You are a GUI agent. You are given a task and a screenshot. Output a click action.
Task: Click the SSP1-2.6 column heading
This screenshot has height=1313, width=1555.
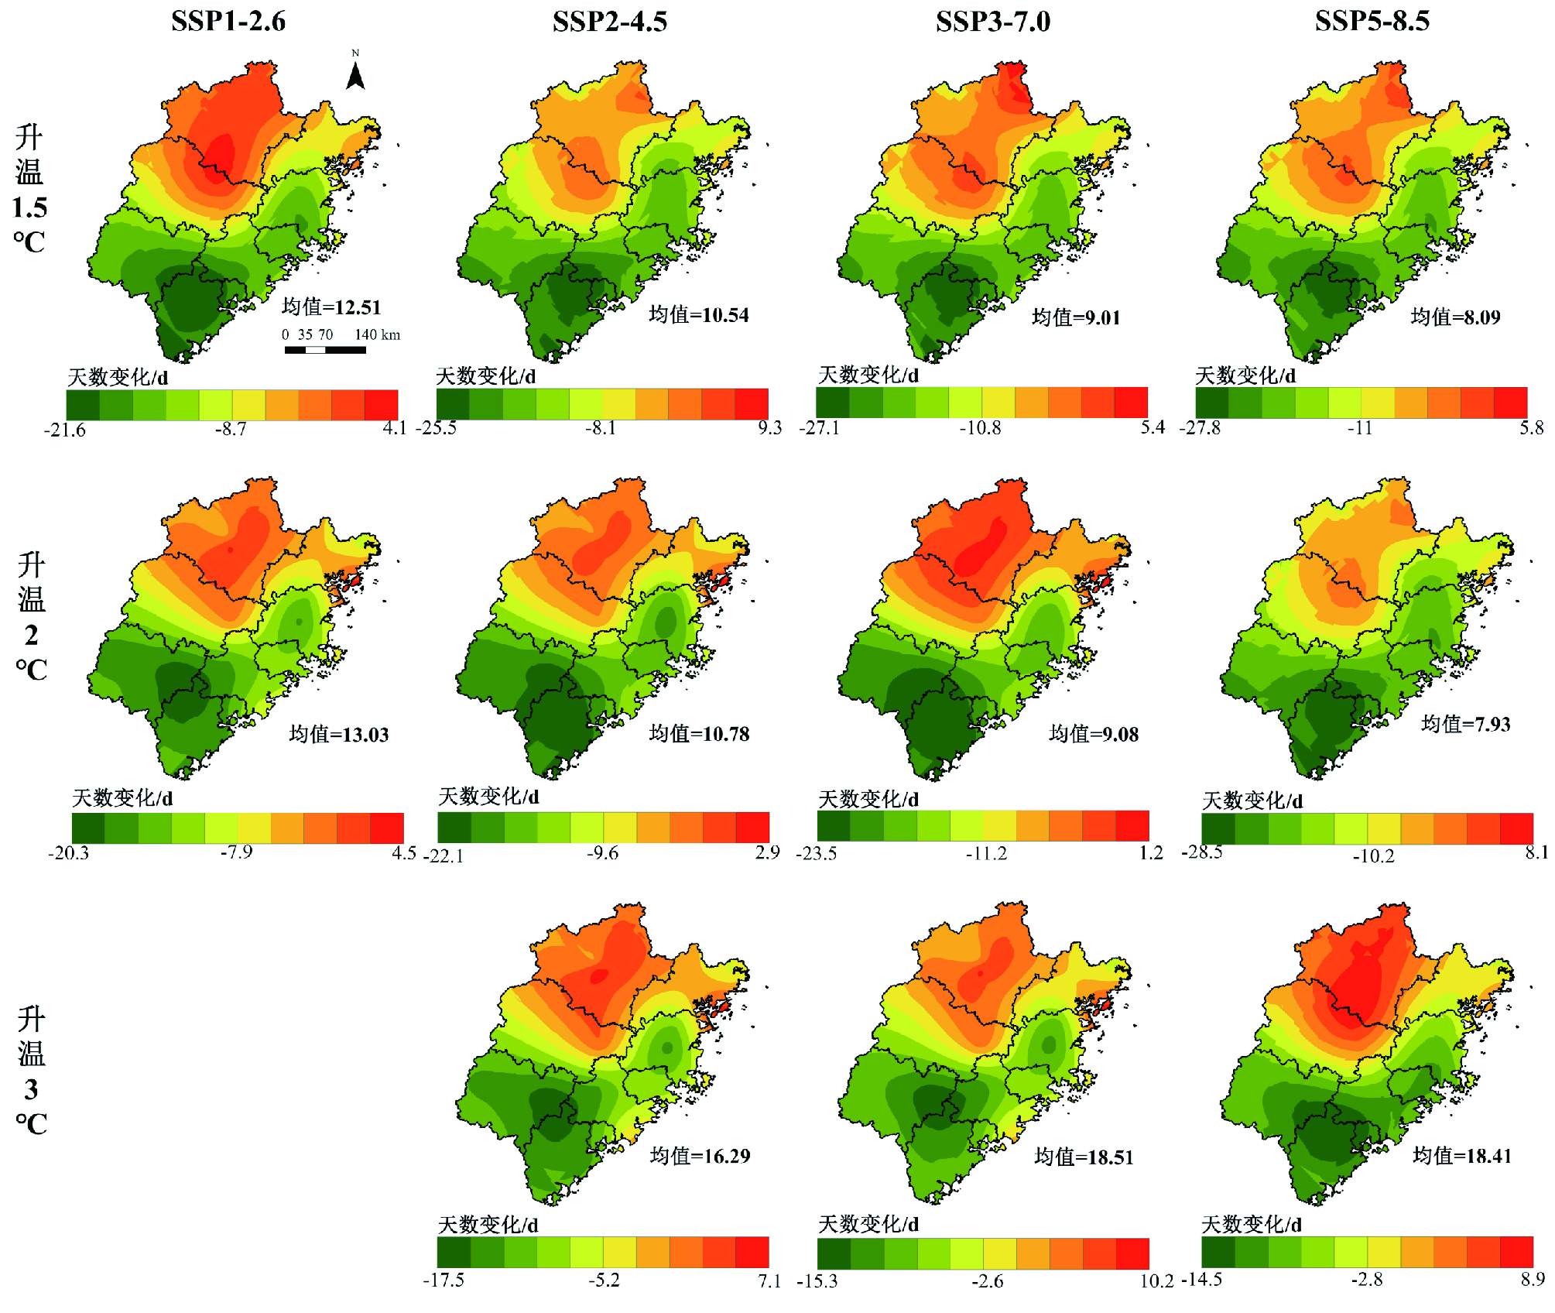pyautogui.click(x=228, y=21)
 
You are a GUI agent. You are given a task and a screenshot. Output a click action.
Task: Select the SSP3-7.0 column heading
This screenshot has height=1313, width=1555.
pyautogui.click(x=993, y=21)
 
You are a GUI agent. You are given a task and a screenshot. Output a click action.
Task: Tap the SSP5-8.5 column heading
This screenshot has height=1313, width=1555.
pyautogui.click(x=1372, y=21)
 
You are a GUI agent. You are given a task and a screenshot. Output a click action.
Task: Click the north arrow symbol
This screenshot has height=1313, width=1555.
pyautogui.click(x=355, y=74)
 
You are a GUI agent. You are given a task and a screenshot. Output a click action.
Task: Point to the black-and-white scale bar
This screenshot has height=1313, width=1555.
pyautogui.click(x=325, y=350)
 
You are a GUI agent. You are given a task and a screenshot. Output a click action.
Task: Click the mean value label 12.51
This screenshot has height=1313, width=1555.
pyautogui.click(x=331, y=307)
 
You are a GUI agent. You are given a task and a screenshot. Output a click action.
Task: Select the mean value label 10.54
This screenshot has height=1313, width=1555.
pyautogui.click(x=699, y=314)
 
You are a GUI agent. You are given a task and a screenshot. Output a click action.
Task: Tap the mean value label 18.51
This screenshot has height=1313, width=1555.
pyautogui.click(x=1084, y=1157)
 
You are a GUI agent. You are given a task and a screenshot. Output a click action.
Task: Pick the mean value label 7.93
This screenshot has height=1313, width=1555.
pyautogui.click(x=1466, y=724)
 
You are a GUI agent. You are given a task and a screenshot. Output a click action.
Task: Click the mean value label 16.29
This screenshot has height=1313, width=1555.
pyautogui.click(x=700, y=1156)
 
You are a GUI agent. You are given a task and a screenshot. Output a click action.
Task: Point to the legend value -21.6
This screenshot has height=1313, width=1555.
pyautogui.click(x=65, y=430)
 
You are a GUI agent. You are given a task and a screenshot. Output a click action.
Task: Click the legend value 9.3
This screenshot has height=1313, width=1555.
pyautogui.click(x=769, y=427)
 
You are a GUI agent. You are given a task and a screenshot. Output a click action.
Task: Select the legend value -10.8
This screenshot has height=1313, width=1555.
pyautogui.click(x=980, y=427)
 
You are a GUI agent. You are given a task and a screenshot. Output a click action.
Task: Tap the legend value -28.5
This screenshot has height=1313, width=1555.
pyautogui.click(x=1201, y=852)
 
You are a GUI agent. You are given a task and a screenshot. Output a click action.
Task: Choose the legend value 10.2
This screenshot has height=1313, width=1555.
pyautogui.click(x=1156, y=1281)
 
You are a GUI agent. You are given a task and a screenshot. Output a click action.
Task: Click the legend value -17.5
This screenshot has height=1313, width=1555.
pyautogui.click(x=444, y=1280)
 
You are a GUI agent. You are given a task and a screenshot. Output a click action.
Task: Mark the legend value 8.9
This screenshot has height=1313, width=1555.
pyautogui.click(x=1533, y=1279)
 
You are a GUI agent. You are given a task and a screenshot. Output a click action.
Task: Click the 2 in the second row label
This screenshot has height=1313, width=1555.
pyautogui.click(x=31, y=635)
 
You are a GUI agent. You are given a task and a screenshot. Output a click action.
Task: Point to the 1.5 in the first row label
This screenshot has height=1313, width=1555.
pyautogui.click(x=29, y=207)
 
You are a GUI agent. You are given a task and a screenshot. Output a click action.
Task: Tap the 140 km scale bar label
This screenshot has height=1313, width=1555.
pyautogui.click(x=378, y=334)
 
